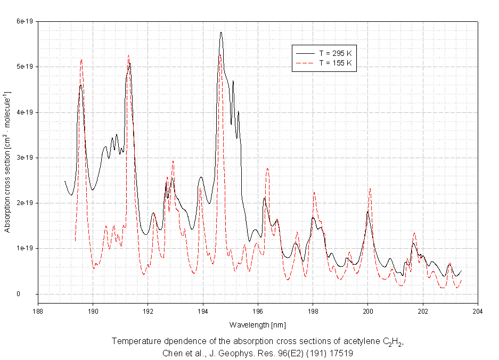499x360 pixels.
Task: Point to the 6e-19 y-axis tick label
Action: pyautogui.click(x=24, y=21)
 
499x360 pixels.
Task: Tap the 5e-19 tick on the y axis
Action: pyautogui.click(x=24, y=67)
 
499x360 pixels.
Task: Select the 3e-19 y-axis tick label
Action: pyautogui.click(x=24, y=158)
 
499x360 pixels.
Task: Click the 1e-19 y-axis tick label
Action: pyautogui.click(x=24, y=249)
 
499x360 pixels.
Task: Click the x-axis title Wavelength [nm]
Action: pyautogui.click(x=258, y=324)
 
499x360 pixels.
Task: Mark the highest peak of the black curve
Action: pyautogui.click(x=220, y=32)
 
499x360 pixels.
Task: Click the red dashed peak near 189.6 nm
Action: pyautogui.click(x=81, y=60)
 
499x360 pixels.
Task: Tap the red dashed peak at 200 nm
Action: pyautogui.click(x=370, y=189)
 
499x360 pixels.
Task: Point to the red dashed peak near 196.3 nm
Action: pyautogui.click(x=267, y=168)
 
